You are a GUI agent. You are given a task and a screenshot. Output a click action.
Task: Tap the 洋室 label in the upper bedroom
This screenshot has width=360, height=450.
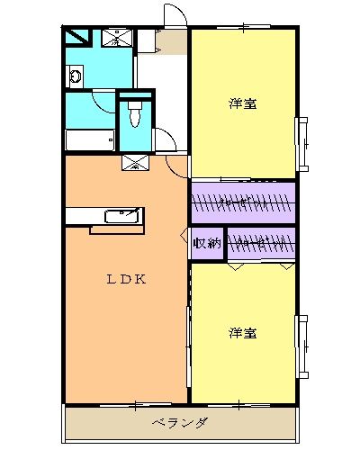click(243, 103)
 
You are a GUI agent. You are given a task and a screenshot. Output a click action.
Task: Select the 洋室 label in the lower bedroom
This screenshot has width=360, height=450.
click(243, 333)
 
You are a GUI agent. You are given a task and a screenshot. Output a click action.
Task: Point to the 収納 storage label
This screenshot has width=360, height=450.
click(207, 243)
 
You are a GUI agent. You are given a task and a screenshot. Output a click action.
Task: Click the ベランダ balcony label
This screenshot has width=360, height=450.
click(180, 423)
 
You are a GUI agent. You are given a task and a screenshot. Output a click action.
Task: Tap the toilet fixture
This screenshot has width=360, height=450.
click(135, 114)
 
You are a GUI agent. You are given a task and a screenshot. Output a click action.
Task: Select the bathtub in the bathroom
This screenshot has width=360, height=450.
click(90, 141)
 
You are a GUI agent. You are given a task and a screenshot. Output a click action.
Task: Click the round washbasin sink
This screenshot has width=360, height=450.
click(74, 77)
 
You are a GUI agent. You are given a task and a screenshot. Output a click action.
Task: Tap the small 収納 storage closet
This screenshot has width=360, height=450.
click(207, 243)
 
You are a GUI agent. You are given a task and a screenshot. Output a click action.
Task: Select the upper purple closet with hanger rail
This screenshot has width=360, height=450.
click(243, 202)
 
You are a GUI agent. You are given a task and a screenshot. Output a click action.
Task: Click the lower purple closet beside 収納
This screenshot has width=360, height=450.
click(261, 243)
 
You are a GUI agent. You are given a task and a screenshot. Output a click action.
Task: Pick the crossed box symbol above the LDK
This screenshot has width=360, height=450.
click(135, 163)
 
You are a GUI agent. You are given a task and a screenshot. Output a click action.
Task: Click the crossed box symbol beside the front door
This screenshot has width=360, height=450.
click(118, 38)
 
